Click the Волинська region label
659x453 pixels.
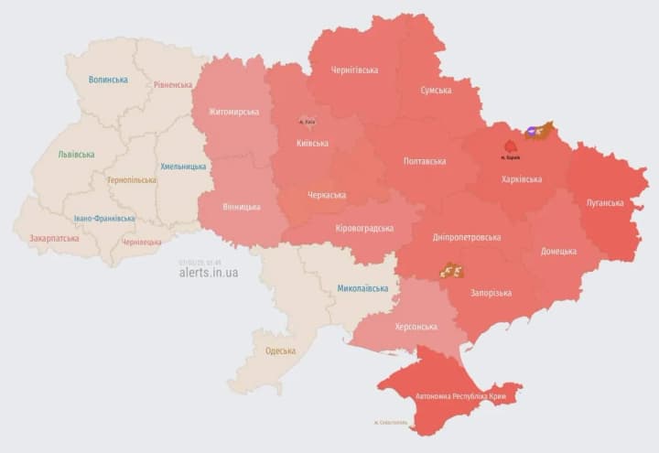[x=108, y=80]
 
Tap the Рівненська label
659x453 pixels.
[x=173, y=85]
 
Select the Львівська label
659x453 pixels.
[x=76, y=154]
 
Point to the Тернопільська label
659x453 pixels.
[x=131, y=180]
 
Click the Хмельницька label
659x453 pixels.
[x=183, y=167]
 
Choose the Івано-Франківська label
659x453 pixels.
[x=104, y=219]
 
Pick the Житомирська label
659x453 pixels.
[x=233, y=112]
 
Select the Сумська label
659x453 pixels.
[x=436, y=90]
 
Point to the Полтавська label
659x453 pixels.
[x=425, y=161]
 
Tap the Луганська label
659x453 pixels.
[x=605, y=203]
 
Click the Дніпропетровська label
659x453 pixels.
[x=468, y=237]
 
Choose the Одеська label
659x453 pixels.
[x=280, y=351]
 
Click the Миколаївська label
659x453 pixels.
[x=362, y=288]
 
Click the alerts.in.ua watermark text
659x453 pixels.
[x=209, y=273]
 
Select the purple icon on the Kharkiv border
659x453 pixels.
[x=532, y=133]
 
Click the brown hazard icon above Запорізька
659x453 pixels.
[x=451, y=270]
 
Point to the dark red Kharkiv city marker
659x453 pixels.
[x=510, y=146]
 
